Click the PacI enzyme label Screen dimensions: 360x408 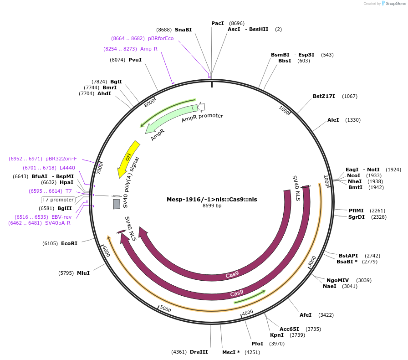pos(218,23)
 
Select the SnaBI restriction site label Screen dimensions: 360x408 pos(183,30)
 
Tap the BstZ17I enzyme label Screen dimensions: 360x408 pos(324,96)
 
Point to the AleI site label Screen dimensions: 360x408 pos(333,120)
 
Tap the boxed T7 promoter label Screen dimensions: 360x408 pos(58,200)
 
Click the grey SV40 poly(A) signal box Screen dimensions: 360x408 pos(117,204)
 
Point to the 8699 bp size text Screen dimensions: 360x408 pos(212,206)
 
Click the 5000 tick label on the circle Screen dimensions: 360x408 pos(165,310)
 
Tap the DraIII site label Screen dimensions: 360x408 pos(199,352)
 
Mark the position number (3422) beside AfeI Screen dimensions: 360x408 pos(326,315)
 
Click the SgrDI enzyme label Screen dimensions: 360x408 pos(357,217)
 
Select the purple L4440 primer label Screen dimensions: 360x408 pos(67,168)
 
